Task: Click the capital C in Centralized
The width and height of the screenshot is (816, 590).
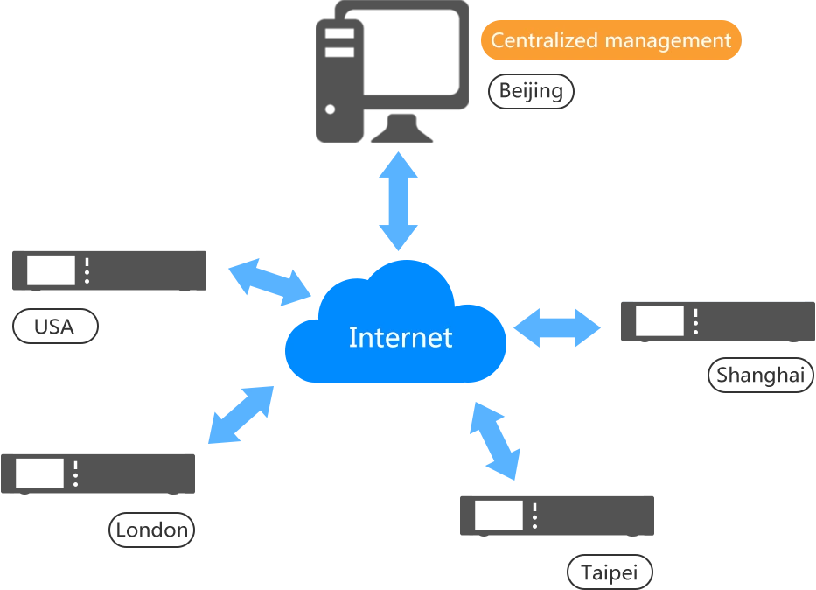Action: point(497,40)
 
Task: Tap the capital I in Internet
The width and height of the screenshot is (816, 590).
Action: point(352,337)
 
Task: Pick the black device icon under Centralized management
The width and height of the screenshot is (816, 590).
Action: point(529,91)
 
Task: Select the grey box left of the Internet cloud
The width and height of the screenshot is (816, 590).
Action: point(108,270)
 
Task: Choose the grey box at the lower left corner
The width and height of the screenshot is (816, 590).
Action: point(97,473)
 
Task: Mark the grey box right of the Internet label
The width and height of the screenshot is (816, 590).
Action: point(715,321)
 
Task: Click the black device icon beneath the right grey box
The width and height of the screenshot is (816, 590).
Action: point(759,376)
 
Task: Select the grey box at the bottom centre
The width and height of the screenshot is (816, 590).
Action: point(555,515)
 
